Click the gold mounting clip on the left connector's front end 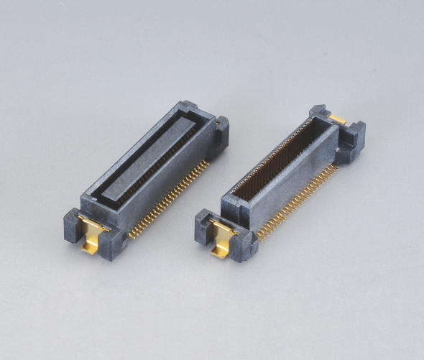pyautogui.click(x=93, y=231)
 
